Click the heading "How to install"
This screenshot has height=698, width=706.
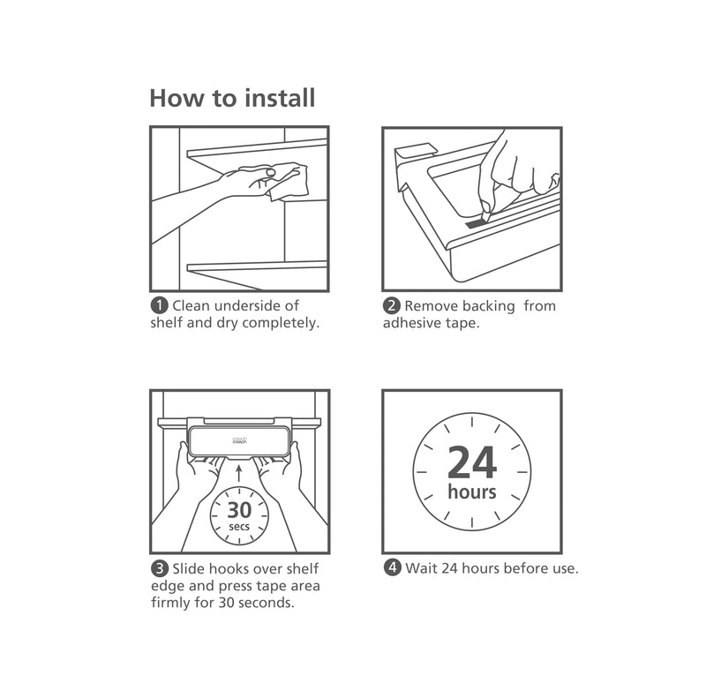pyautogui.click(x=232, y=97)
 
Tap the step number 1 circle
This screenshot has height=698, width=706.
pyautogui.click(x=159, y=306)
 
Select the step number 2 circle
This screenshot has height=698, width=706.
pyautogui.click(x=391, y=306)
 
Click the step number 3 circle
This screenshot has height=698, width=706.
pyautogui.click(x=159, y=568)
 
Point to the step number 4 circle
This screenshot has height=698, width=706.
pyautogui.click(x=391, y=568)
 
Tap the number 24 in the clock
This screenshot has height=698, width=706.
pyautogui.click(x=472, y=462)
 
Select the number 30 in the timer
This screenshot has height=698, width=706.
pyautogui.click(x=239, y=510)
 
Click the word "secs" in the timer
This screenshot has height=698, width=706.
pyautogui.click(x=239, y=527)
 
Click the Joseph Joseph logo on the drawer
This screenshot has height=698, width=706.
pyautogui.click(x=239, y=439)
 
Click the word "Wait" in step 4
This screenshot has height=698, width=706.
pyautogui.click(x=420, y=568)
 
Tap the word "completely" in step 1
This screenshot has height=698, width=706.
pyautogui.click(x=277, y=323)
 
